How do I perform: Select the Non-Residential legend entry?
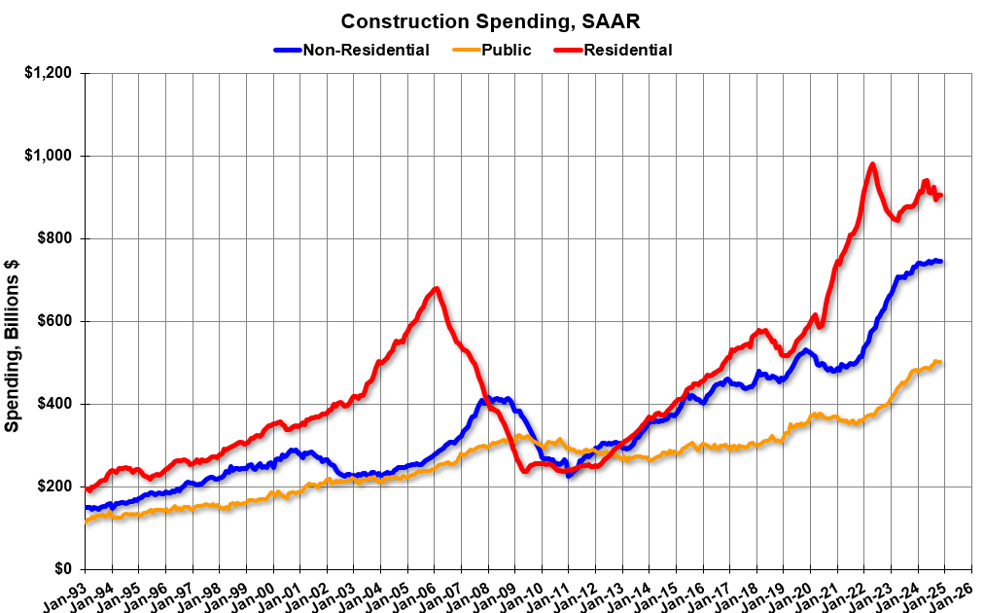tap(366, 50)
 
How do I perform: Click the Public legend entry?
tap(506, 50)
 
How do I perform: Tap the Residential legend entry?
tap(627, 50)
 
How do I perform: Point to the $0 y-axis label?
tap(63, 569)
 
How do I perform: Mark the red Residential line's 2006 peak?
tap(437, 288)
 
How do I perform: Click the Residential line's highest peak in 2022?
tap(872, 164)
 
